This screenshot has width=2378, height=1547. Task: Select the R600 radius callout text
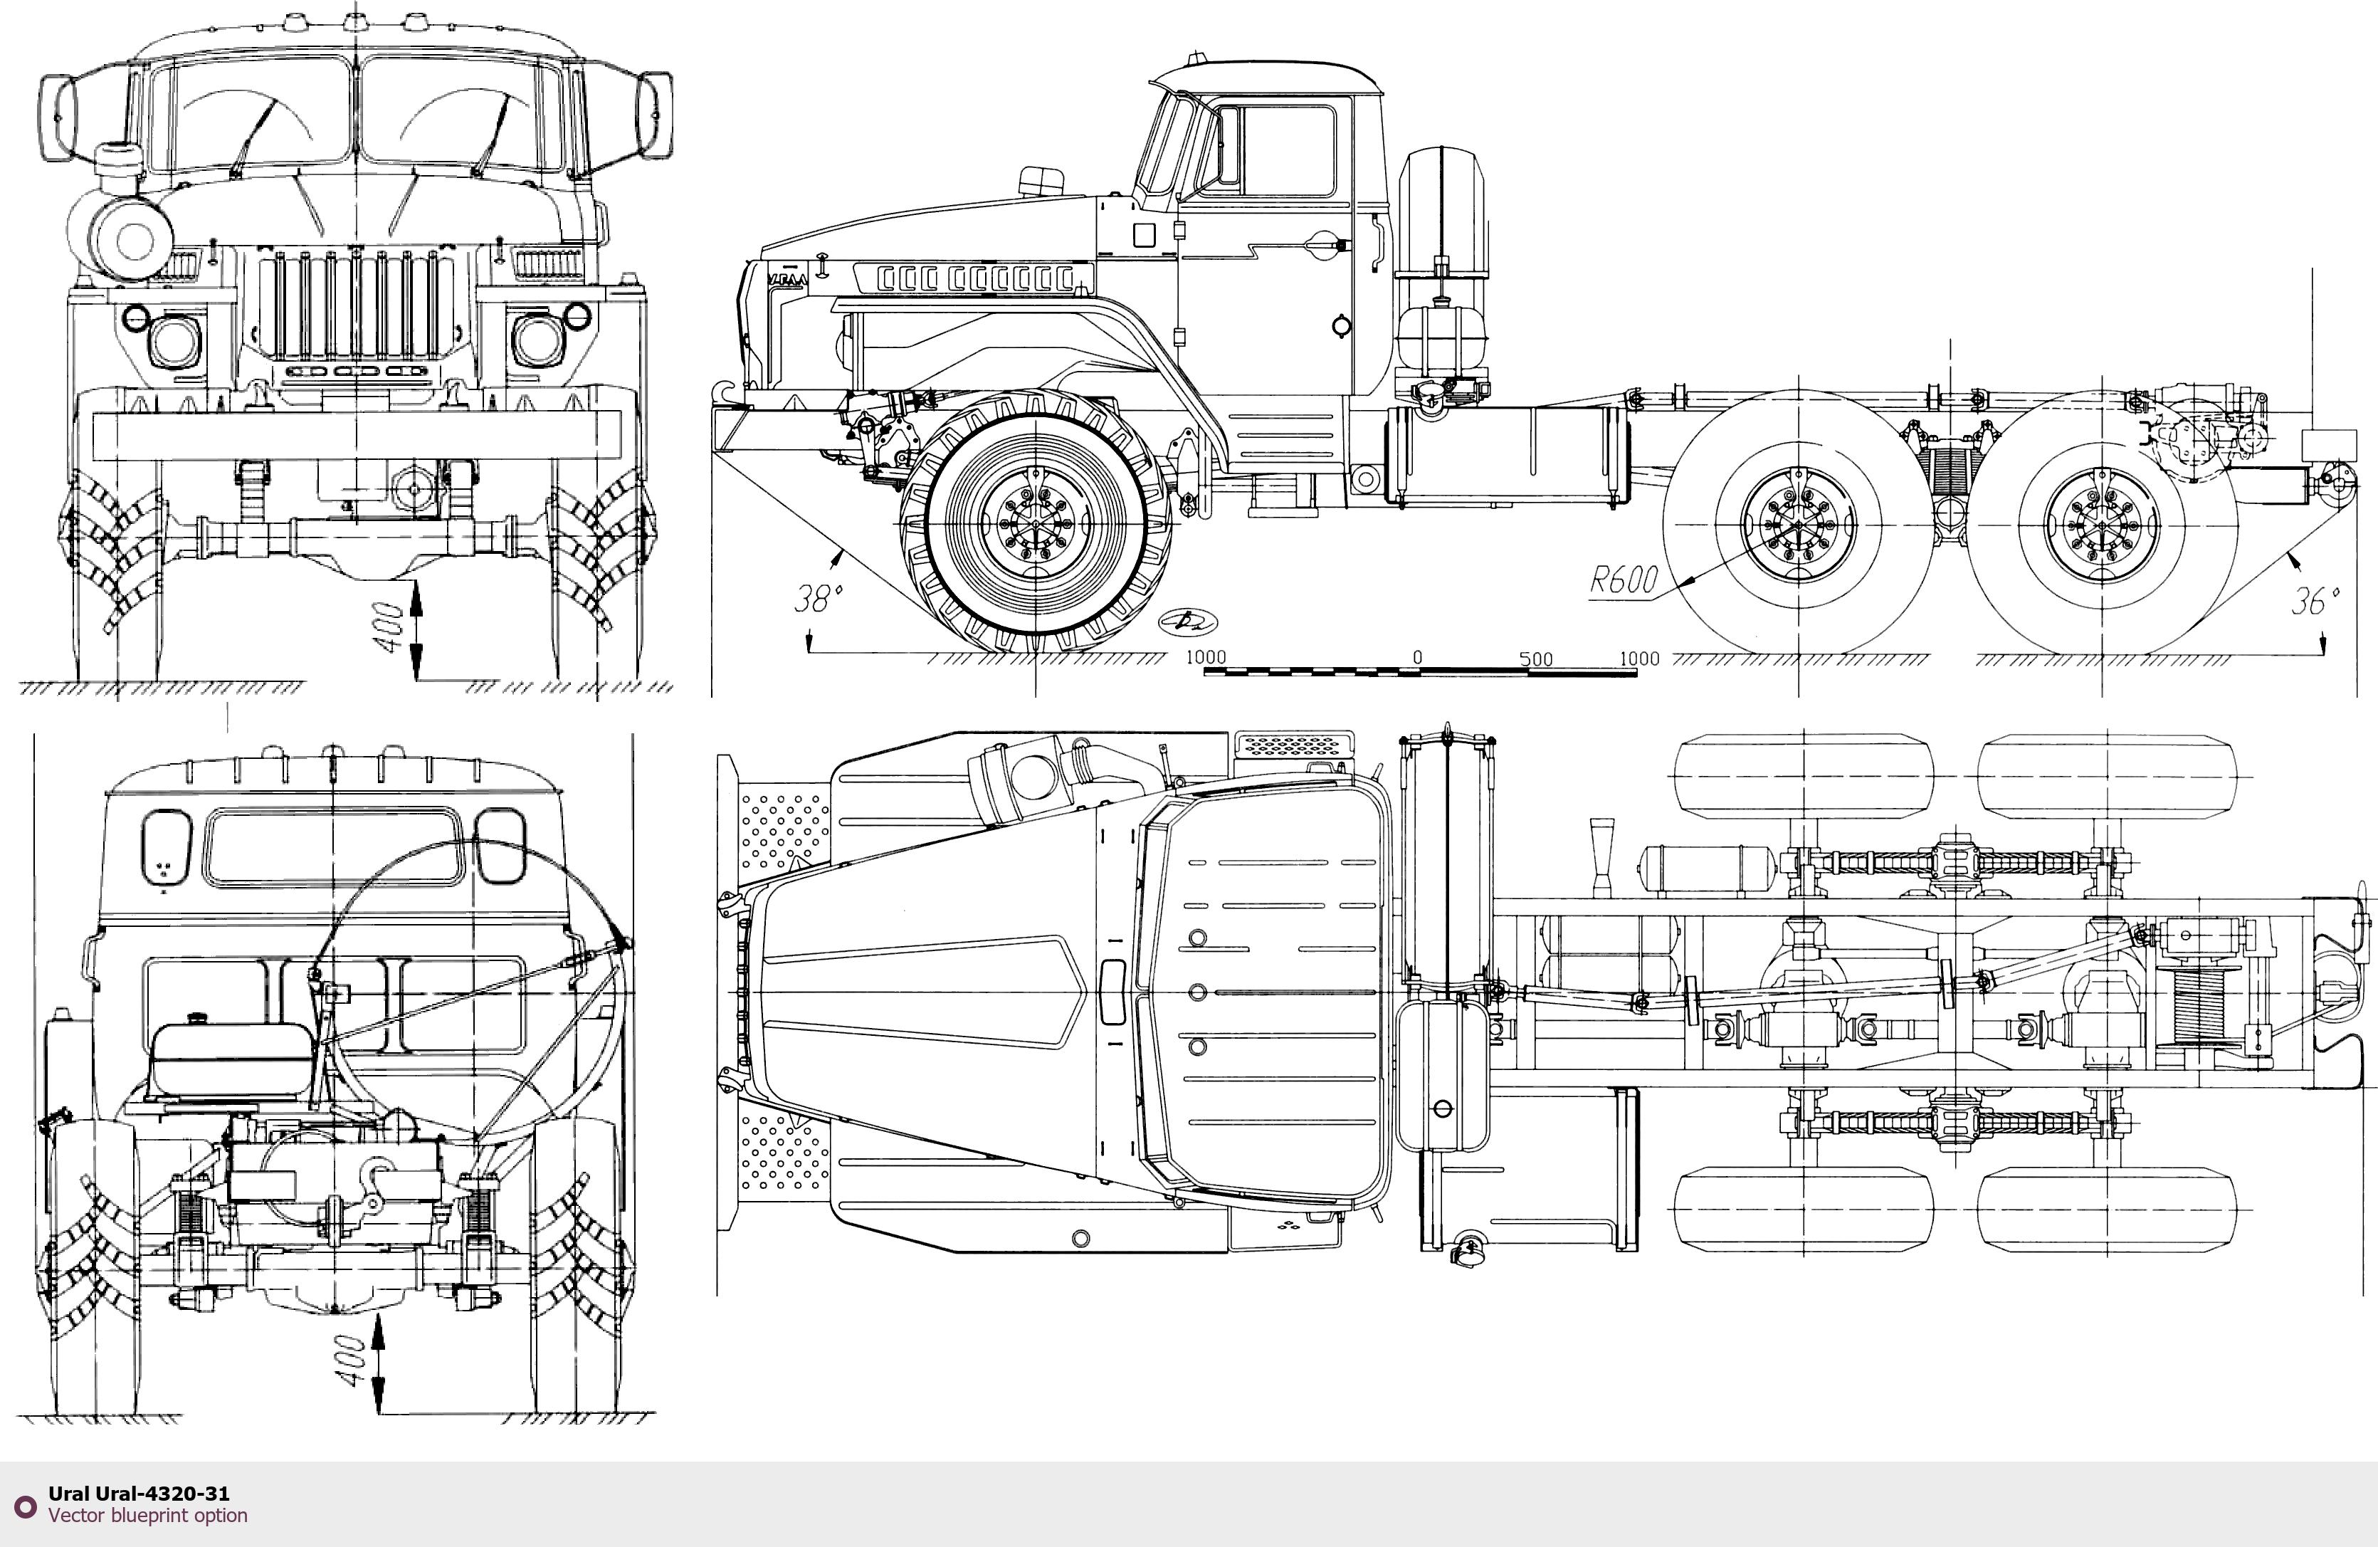[1624, 580]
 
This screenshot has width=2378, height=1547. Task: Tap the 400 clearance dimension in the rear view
[351, 1360]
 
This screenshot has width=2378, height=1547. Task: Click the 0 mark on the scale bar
[1417, 658]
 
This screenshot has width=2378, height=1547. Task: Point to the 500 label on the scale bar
[1536, 659]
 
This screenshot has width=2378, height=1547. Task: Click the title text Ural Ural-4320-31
[139, 1493]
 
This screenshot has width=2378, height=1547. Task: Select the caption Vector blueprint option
[148, 1515]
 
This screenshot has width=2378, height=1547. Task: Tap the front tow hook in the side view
[722, 392]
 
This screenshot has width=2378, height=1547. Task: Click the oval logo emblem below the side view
[1189, 622]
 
